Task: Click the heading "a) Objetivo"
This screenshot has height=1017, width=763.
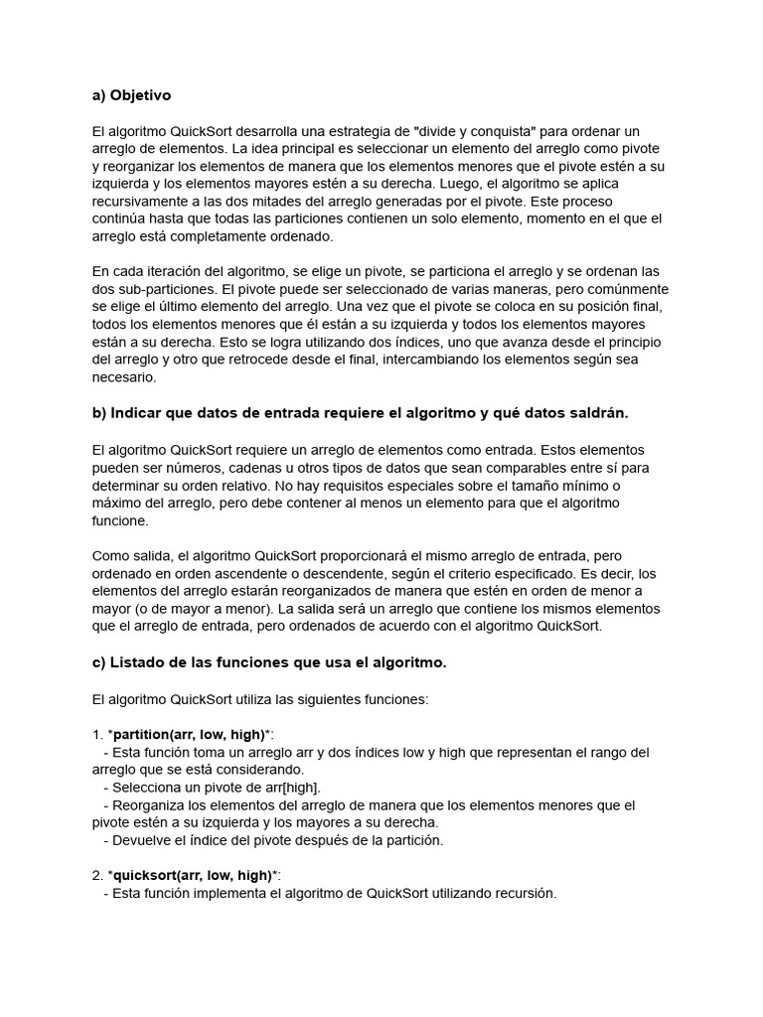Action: point(131,95)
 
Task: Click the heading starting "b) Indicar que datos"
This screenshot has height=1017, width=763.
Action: point(360,412)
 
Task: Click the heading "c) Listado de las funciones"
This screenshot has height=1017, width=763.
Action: point(268,662)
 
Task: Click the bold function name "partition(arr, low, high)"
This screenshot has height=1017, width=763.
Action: point(189,734)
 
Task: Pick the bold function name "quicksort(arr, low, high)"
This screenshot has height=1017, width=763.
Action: point(191,875)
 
